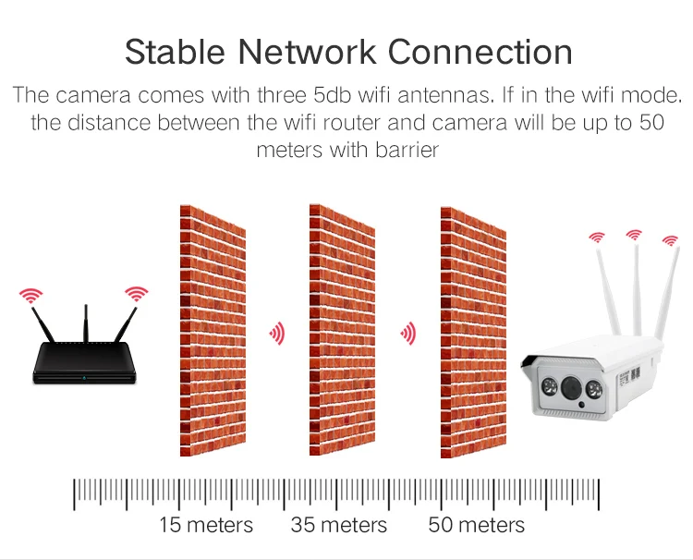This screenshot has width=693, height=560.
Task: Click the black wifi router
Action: click(84, 366)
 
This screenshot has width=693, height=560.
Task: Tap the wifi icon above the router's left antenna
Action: click(31, 296)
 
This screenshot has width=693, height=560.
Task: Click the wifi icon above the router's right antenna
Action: click(137, 293)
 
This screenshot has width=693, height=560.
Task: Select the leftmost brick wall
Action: click(213, 330)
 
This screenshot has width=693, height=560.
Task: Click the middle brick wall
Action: click(342, 330)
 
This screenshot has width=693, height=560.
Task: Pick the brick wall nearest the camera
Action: click(473, 330)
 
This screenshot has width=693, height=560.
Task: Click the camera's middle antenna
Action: click(636, 286)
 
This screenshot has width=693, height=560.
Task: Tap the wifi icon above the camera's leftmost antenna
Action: click(597, 238)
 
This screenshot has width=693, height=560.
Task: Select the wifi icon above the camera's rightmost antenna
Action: click(670, 242)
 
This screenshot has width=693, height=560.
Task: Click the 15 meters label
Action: click(206, 526)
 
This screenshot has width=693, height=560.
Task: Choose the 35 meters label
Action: click(339, 526)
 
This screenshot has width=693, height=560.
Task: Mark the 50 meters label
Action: click(476, 526)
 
